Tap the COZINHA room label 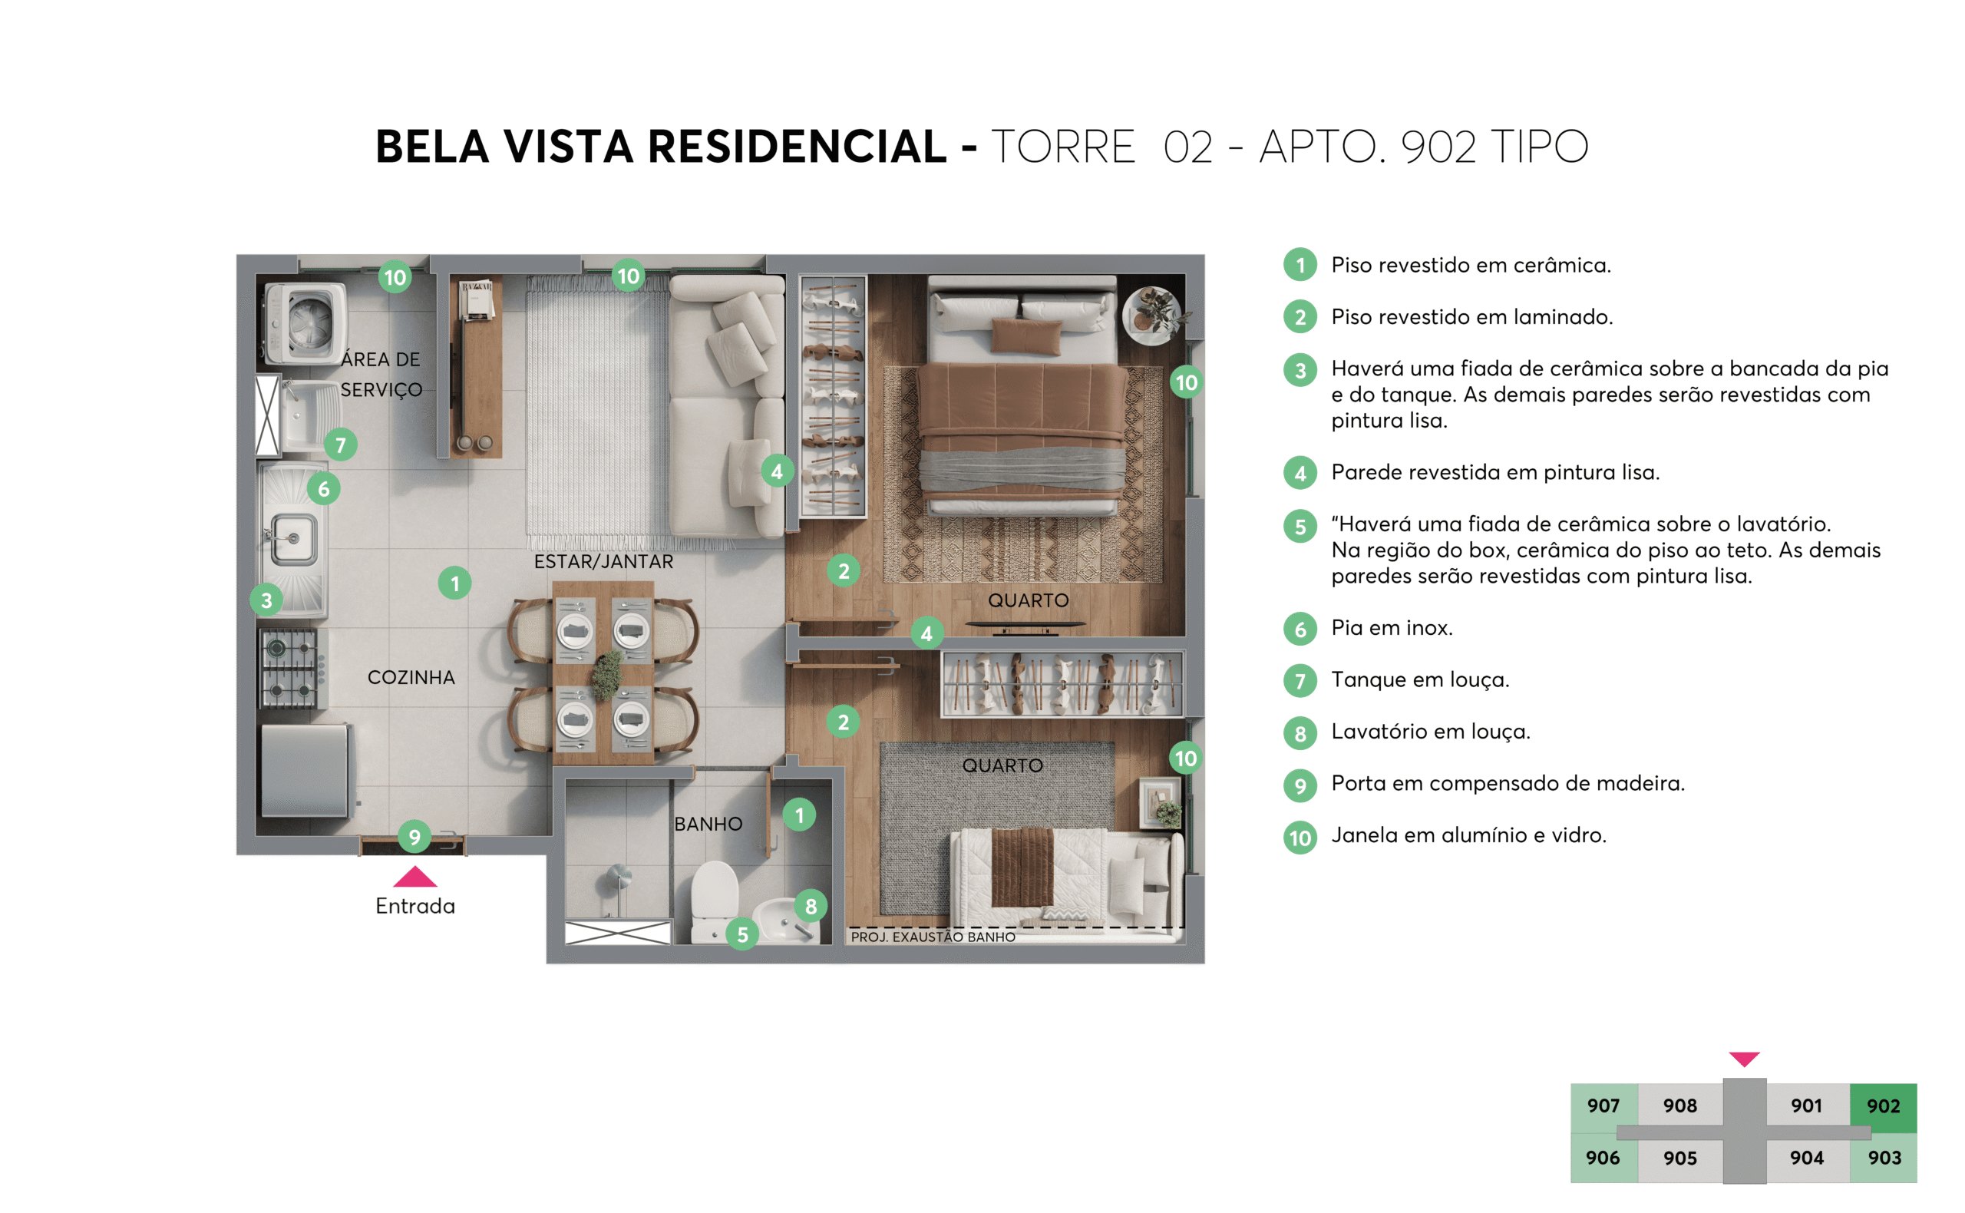[x=411, y=677]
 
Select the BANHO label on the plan [x=708, y=824]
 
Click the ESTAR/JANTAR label [x=603, y=561]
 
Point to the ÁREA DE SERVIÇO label [x=380, y=374]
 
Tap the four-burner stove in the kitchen [x=288, y=668]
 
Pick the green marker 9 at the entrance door [x=414, y=838]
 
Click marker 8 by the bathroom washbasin [x=810, y=907]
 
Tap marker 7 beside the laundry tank [x=340, y=445]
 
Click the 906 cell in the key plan [x=1602, y=1158]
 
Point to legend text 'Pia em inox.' [x=1392, y=627]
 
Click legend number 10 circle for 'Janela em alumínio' [x=1300, y=838]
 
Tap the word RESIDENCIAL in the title [x=797, y=147]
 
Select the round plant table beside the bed [x=1151, y=316]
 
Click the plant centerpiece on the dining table [x=607, y=674]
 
